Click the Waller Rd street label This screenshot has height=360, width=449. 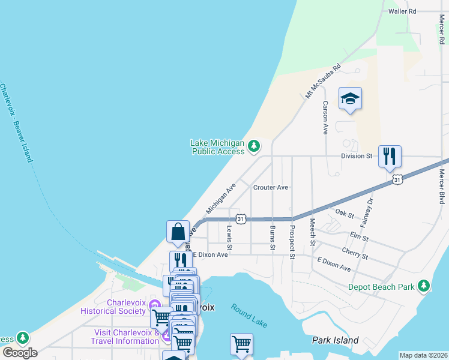tap(402, 11)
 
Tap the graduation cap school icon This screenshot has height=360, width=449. tap(350, 98)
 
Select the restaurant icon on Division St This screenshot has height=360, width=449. tap(390, 157)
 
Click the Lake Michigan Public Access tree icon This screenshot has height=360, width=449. tap(255, 146)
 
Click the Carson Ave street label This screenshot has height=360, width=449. tap(325, 117)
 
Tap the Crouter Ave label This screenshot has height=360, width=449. tap(271, 187)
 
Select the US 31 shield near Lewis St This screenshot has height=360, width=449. tap(240, 220)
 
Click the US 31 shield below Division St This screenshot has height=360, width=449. tap(397, 179)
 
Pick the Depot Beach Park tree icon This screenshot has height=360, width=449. tap(424, 286)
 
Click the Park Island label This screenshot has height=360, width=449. tap(335, 340)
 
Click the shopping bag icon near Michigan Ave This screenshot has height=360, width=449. tap(178, 232)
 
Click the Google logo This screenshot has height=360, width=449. tap(19, 352)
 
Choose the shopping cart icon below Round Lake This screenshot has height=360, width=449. tap(241, 344)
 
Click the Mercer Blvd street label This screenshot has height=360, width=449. tap(442, 187)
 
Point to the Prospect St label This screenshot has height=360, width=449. tap(292, 241)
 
